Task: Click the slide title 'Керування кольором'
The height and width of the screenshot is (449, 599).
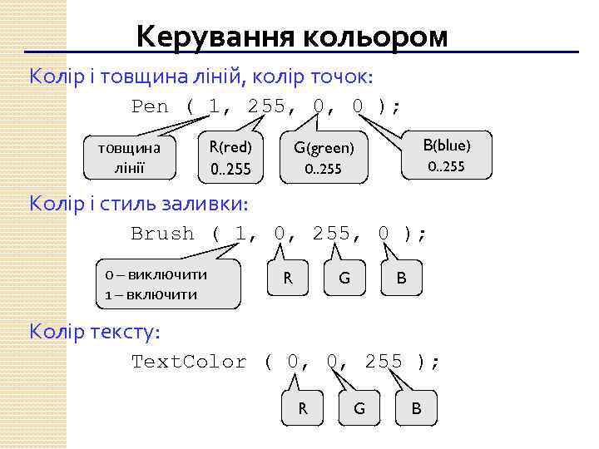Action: click(x=292, y=37)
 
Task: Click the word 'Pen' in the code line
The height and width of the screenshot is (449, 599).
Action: click(x=150, y=106)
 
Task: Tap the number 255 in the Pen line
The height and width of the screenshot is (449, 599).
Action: click(x=266, y=106)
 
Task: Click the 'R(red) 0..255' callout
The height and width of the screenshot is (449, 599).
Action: click(x=230, y=158)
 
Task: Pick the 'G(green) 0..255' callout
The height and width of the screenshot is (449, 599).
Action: click(x=323, y=158)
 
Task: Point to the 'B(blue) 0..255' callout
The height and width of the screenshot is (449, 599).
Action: click(x=446, y=155)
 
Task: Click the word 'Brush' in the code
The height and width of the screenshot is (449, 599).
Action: click(x=162, y=234)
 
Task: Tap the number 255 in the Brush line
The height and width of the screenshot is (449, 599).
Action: click(x=333, y=234)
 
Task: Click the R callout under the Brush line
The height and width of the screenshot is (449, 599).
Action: click(x=288, y=278)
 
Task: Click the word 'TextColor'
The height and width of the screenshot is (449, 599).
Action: click(x=189, y=362)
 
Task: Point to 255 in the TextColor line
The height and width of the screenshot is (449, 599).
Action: click(x=384, y=362)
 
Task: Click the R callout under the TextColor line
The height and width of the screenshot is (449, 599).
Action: click(x=303, y=408)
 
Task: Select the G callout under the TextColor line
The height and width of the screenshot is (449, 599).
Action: click(x=359, y=408)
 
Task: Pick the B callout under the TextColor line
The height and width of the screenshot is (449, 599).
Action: click(x=416, y=408)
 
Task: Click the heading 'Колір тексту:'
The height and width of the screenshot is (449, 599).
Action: click(x=95, y=331)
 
